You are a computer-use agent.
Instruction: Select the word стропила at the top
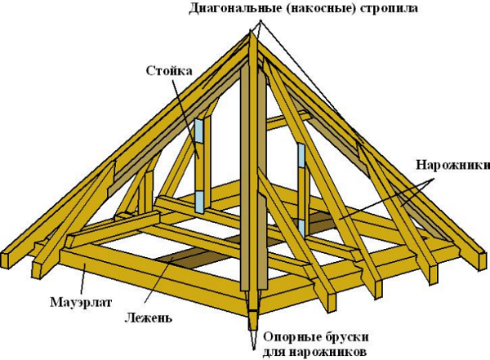[x=389, y=9]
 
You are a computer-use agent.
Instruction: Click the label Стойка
[x=169, y=71]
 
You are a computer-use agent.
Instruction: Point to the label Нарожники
[x=452, y=165]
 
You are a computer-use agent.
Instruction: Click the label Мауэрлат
[x=81, y=302]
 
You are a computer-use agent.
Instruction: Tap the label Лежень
[x=149, y=318]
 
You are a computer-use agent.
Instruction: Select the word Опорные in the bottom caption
[x=290, y=337]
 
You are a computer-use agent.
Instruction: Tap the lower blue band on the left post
[x=199, y=202]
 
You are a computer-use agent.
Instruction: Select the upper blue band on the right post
[x=301, y=155]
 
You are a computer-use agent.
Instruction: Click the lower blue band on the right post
[x=301, y=228]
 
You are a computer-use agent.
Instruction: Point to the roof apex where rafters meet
[x=252, y=30]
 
